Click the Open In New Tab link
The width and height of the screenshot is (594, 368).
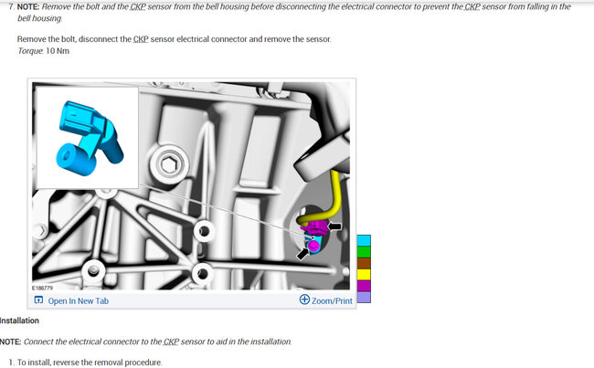click(78, 301)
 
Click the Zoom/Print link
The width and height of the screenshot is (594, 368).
click(332, 301)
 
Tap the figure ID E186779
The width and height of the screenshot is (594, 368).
click(42, 289)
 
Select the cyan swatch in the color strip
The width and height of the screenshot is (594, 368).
click(364, 240)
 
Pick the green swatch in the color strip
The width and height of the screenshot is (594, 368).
click(364, 252)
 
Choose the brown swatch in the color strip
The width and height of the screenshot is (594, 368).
click(364, 263)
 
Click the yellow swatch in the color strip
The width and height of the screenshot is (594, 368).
click(364, 275)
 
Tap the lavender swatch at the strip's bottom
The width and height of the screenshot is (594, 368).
click(364, 297)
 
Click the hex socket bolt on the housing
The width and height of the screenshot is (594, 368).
click(169, 164)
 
